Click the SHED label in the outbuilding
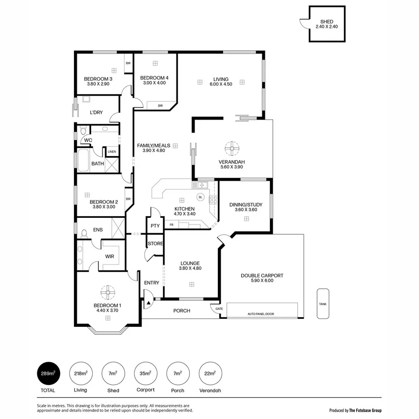pos(327,22)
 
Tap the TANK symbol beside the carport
pos(323,304)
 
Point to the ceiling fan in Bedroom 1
pos(108,293)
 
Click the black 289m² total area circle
pos(48,373)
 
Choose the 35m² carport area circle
pos(145,373)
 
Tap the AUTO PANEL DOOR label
pos(260,314)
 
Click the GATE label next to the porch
pos(218,308)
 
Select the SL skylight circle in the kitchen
pos(201,197)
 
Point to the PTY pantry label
pos(155,226)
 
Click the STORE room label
pos(155,243)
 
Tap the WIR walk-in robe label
pos(110,257)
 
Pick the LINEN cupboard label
pos(112,152)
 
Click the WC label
pos(88,140)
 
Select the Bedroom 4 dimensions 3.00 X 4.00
pos(153,83)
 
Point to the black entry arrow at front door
pos(149,303)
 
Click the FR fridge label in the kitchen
pos(172,225)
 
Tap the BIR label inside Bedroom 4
pos(161,106)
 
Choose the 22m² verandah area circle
pos(210,373)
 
